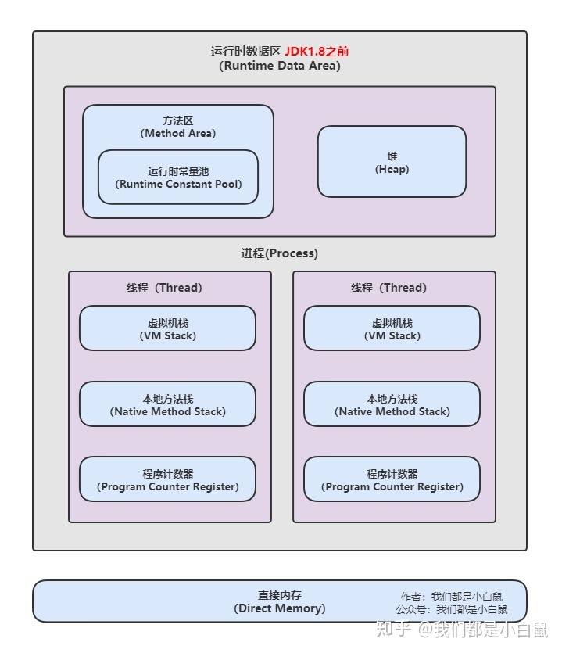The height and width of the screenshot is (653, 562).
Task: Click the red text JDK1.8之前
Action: (317, 52)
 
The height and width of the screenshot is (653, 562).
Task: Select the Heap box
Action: (392, 162)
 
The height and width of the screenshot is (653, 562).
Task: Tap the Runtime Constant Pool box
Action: (178, 178)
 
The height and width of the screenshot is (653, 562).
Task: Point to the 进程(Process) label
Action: (279, 253)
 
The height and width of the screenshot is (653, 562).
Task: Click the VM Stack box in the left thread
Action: (167, 328)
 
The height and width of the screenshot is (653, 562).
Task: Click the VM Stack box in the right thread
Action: (392, 328)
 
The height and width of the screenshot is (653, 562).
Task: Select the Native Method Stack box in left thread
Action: (167, 404)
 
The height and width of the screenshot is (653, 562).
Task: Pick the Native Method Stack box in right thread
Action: (392, 404)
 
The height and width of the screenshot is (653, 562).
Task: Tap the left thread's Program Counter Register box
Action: (167, 479)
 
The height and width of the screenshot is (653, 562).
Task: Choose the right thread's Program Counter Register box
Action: (392, 479)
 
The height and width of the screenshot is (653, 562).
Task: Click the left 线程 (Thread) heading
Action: (164, 288)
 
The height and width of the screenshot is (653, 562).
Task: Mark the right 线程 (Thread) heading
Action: (388, 288)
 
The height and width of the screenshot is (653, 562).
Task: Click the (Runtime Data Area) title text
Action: (279, 66)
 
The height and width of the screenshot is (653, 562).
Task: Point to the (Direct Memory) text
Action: (279, 608)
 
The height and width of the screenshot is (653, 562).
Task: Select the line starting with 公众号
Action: (451, 609)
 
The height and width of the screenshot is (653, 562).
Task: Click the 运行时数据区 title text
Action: (245, 52)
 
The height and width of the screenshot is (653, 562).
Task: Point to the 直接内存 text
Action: (279, 595)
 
